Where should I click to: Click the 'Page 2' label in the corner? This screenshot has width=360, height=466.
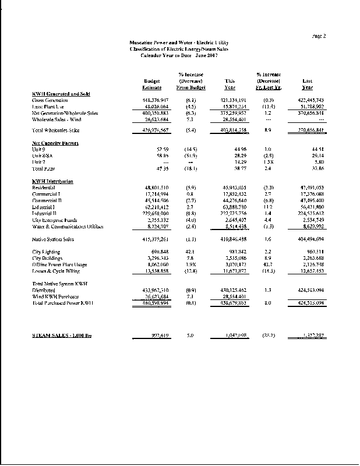(x=319, y=36)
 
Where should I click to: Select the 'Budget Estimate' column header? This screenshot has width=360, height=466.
(x=152, y=84)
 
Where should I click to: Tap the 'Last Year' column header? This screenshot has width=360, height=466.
(x=307, y=84)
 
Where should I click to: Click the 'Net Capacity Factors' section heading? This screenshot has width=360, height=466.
(x=55, y=143)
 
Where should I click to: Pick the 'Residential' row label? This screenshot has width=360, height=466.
(x=44, y=188)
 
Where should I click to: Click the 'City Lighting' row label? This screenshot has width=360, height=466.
(x=46, y=251)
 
